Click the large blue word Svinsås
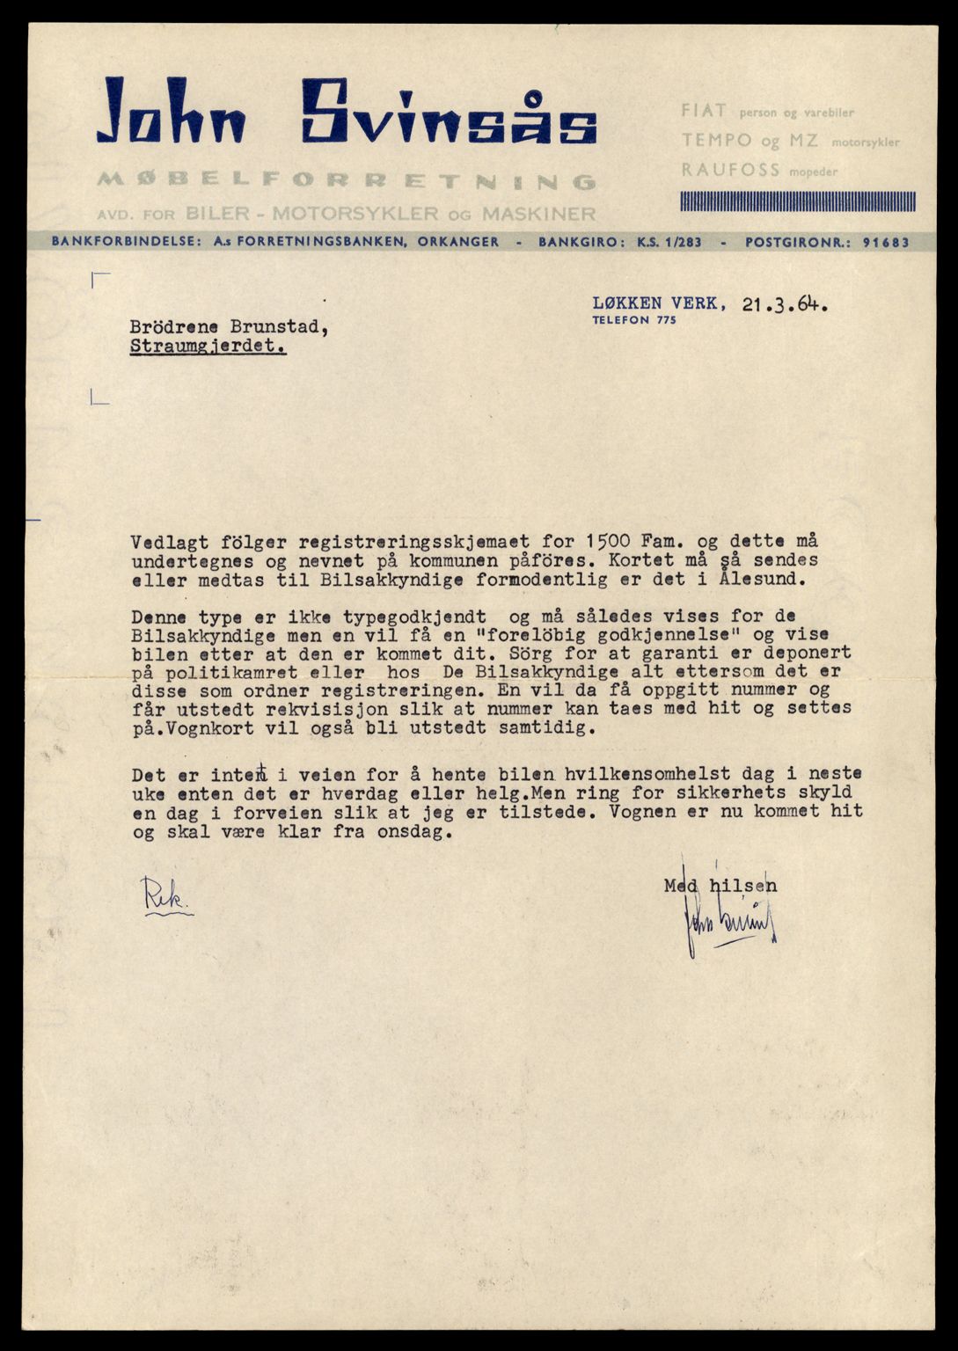pos(449,112)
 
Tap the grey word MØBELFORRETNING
pos(347,181)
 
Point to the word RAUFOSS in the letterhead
pos(718,170)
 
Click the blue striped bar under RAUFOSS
pos(797,201)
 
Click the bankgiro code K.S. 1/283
pos(669,242)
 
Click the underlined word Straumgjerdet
pos(208,347)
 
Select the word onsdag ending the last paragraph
pos(418,831)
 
